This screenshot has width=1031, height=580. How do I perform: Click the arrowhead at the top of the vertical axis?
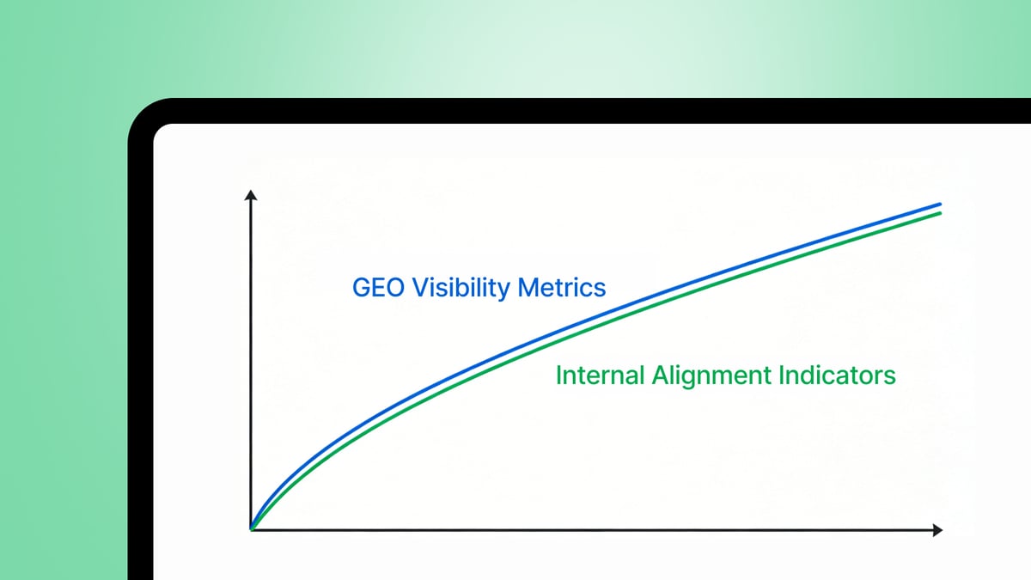click(x=251, y=197)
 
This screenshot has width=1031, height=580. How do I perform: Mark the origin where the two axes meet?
click(x=251, y=529)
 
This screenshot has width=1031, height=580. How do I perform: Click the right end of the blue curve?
click(x=940, y=205)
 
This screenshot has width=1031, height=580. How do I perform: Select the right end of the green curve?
click(x=940, y=213)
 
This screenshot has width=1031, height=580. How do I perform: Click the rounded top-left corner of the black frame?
click(x=142, y=113)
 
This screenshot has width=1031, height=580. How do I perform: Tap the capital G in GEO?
click(x=362, y=288)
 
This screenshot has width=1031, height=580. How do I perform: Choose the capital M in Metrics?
click(x=528, y=288)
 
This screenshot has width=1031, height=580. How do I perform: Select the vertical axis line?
click(x=251, y=361)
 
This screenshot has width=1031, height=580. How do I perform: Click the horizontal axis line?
click(x=593, y=529)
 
